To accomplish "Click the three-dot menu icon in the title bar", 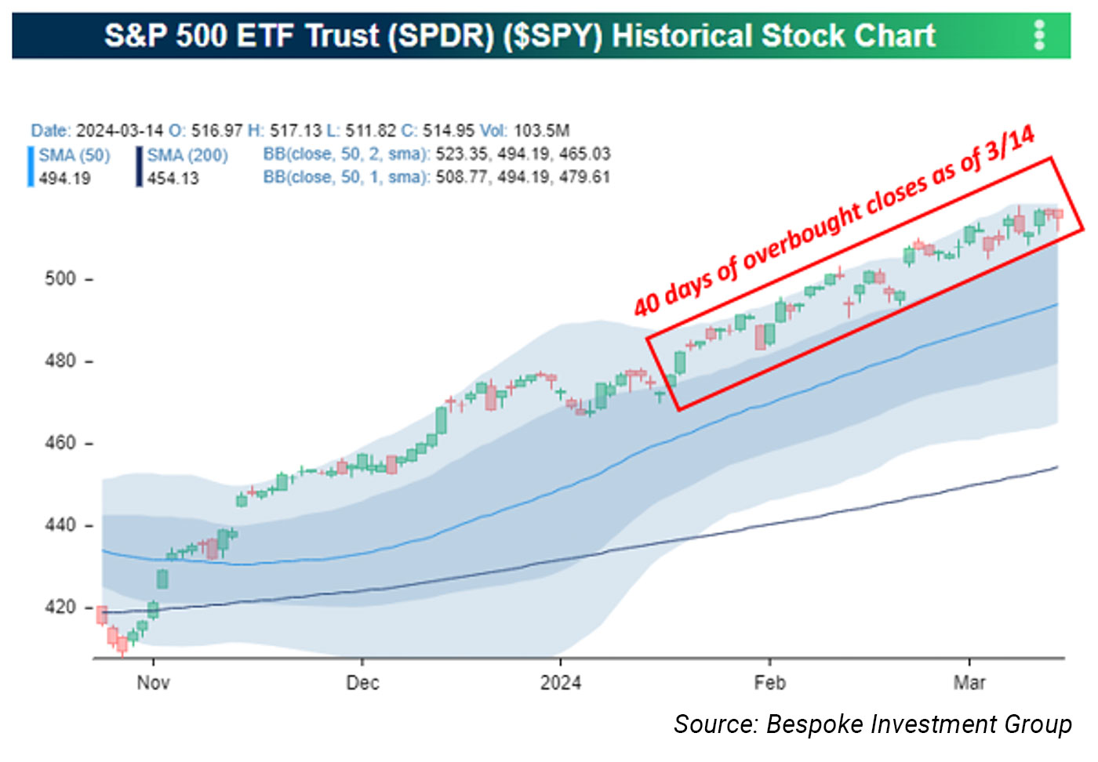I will pyautogui.click(x=1039, y=35).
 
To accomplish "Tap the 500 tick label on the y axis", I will pyautogui.click(x=60, y=279).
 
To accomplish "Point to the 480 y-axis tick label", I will pyautogui.click(x=60, y=361).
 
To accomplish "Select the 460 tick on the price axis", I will pyautogui.click(x=60, y=443).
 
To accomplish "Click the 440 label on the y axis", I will pyautogui.click(x=60, y=525).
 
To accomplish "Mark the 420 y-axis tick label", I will pyautogui.click(x=60, y=608).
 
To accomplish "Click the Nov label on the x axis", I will pyautogui.click(x=153, y=683).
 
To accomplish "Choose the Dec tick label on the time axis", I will pyautogui.click(x=362, y=683).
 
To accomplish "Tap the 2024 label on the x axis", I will pyautogui.click(x=561, y=683).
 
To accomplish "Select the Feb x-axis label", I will pyautogui.click(x=769, y=683).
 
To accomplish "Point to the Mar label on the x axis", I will pyautogui.click(x=969, y=683).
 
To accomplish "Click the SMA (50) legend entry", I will pyautogui.click(x=75, y=155).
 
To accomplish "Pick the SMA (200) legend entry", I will pyautogui.click(x=187, y=155).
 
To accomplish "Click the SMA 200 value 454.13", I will pyautogui.click(x=173, y=179).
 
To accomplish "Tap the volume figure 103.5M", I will pyautogui.click(x=541, y=131).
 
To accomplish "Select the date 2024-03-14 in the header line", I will pyautogui.click(x=119, y=131).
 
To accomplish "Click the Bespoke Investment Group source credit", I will pyautogui.click(x=872, y=724).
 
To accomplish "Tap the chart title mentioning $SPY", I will pyautogui.click(x=520, y=36).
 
